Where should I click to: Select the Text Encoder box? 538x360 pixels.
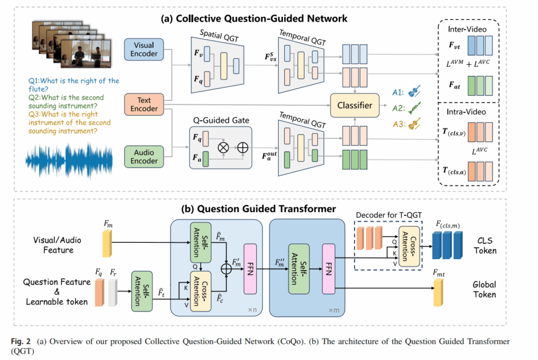point(144,104)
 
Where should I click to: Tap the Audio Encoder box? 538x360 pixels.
point(144,156)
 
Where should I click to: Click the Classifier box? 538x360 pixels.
point(355,105)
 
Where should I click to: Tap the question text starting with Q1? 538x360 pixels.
point(74,85)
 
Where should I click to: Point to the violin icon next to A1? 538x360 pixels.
point(412,90)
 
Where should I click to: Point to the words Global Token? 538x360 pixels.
point(483,290)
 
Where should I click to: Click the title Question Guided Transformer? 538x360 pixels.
point(258,209)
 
